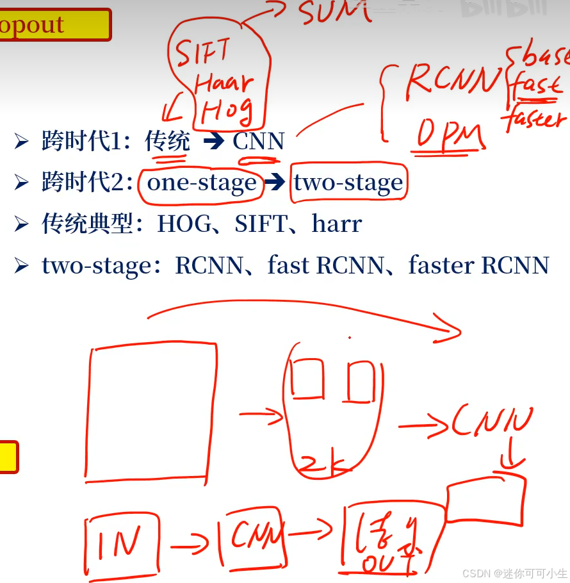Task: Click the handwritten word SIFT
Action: pos(203,53)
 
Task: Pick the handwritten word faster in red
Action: pos(534,119)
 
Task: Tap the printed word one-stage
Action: pos(201,183)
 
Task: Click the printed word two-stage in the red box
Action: pos(348,183)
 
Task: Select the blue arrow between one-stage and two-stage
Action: pos(275,183)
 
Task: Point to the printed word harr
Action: pos(337,224)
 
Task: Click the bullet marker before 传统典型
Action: pos(22,224)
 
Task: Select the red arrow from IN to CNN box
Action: pos(190,546)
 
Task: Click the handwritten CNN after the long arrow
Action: pos(492,423)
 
